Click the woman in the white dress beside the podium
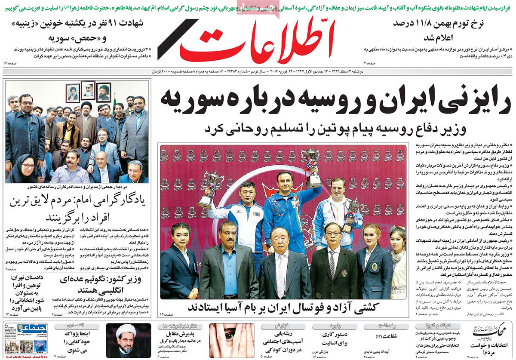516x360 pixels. (398, 258)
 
